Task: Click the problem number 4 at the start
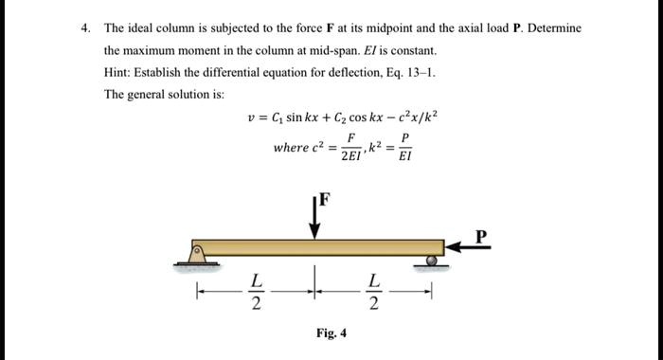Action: [84, 28]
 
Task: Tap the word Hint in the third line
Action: [119, 73]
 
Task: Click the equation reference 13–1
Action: [421, 73]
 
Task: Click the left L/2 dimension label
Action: [254, 293]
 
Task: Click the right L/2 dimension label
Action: [375, 293]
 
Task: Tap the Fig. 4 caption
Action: [331, 333]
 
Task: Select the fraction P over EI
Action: [404, 147]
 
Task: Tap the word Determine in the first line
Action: [554, 28]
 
